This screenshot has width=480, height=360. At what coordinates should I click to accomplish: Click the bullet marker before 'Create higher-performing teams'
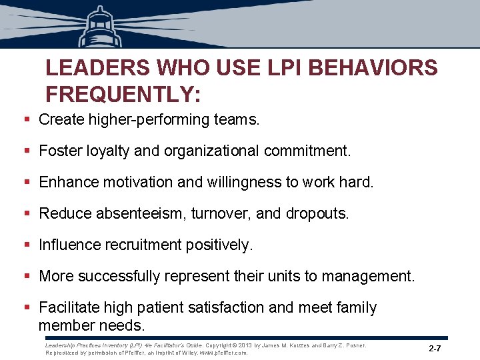(x=27, y=120)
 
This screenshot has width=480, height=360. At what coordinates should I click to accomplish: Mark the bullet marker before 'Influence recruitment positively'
(x=27, y=245)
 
